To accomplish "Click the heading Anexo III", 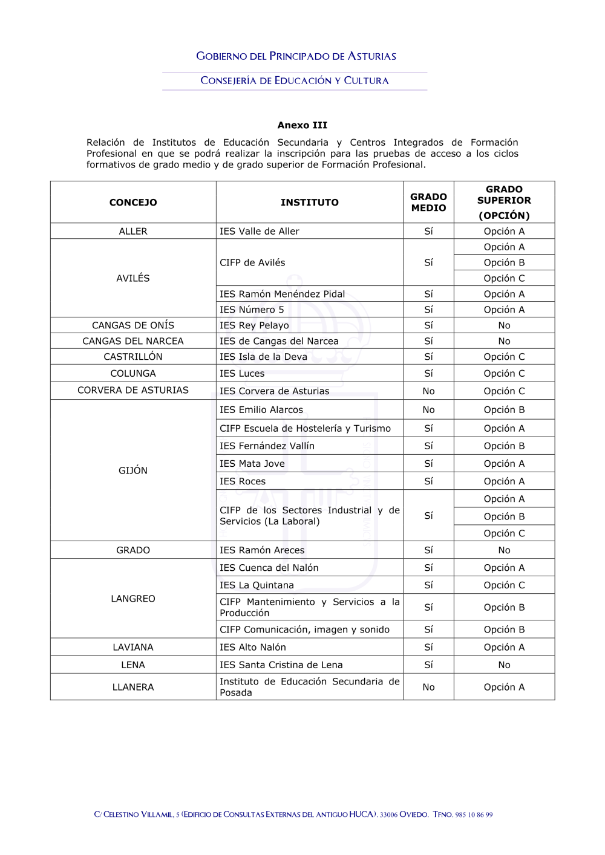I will pos(302,125).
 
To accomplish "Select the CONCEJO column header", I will pos(133,203).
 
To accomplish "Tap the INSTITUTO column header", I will pos(309,203).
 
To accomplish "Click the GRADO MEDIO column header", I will pos(428,203).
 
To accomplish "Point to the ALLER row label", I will pos(133,232).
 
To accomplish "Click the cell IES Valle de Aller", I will pos(260,232).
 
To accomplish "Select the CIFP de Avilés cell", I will pos(252,262).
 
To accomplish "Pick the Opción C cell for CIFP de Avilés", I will pos(504,279).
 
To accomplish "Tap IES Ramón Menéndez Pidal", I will pos(282,294).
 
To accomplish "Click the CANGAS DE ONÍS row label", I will pos(133,325).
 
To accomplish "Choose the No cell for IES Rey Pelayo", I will pos(504,325).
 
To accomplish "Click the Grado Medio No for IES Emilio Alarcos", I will pos(428,410).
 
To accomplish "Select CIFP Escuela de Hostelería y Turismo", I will pos(305,429).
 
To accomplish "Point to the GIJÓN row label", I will pos(133,470).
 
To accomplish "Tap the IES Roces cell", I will pos(243,481).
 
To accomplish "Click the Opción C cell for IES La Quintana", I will pos(504,585).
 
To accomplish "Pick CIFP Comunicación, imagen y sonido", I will pos(304,629).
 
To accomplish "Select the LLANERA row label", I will pos(133,688).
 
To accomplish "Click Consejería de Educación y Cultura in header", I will pos(295,81).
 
